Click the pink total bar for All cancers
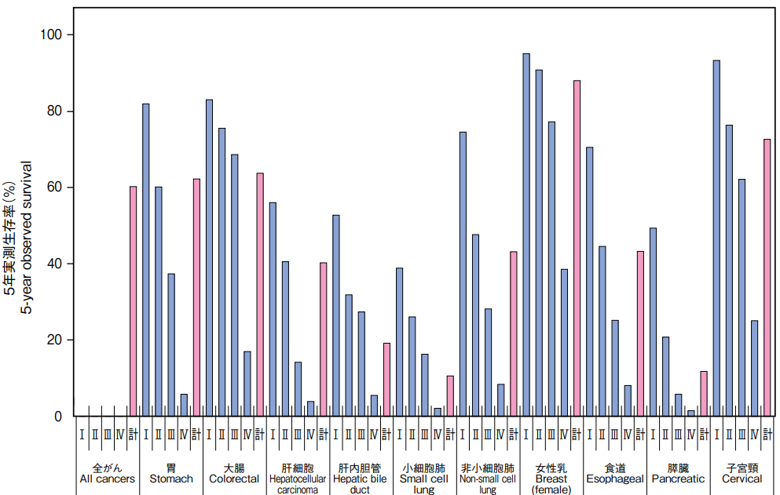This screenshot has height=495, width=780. [x=133, y=301]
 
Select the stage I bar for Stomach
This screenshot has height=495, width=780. [x=145, y=260]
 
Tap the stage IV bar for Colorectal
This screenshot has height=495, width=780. [x=247, y=384]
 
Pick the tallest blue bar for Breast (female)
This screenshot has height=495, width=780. [x=526, y=235]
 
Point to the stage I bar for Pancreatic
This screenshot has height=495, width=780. [x=653, y=322]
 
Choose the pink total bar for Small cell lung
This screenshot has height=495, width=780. [x=450, y=396]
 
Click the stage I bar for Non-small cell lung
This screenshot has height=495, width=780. [x=463, y=274]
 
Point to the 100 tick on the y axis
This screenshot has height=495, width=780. [x=70, y=35]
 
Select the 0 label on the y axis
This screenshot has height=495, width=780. [x=57, y=416]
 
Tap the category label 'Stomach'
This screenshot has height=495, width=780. [x=170, y=479]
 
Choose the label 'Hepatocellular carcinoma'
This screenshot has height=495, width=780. [x=298, y=484]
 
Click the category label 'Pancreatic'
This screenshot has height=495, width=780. [x=678, y=479]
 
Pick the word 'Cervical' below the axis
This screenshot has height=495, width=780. [x=742, y=479]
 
